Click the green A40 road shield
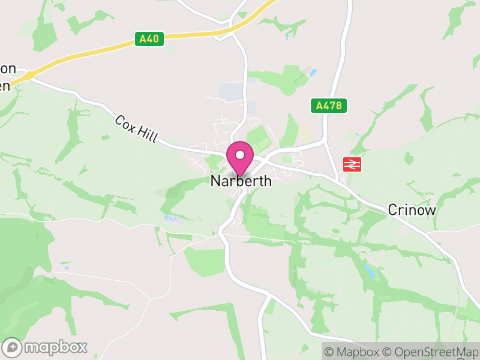[149, 39]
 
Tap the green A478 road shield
[329, 106]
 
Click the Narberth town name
[241, 181]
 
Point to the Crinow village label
[412, 209]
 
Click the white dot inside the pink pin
[240, 155]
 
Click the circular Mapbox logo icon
[12, 347]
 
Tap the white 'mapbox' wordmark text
[55, 347]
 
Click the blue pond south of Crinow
[370, 270]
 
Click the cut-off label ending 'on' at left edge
[8, 68]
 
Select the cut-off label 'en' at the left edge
[5, 85]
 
